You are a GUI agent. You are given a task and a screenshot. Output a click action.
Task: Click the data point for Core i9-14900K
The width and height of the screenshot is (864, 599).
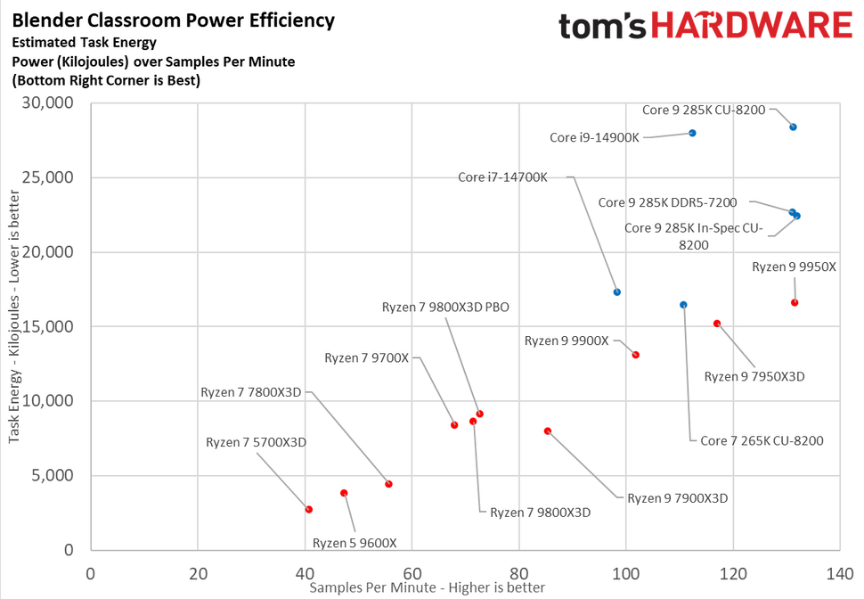[x=692, y=133]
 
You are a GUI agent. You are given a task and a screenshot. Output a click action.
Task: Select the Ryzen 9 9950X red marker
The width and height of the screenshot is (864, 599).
[x=795, y=302]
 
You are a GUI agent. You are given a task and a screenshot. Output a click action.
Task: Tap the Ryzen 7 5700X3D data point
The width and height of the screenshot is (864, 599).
[x=309, y=509]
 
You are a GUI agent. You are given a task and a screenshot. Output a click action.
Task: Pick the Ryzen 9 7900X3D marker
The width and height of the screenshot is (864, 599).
[x=548, y=431]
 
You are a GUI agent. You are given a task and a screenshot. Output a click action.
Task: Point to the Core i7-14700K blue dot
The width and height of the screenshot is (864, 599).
[x=617, y=291]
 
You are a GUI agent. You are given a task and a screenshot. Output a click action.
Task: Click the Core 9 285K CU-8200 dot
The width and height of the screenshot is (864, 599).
[x=793, y=127]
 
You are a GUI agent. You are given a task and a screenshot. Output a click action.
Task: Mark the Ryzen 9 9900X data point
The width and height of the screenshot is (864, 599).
[x=635, y=355]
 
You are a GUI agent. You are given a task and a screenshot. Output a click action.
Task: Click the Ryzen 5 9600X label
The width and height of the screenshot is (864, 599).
[x=355, y=543]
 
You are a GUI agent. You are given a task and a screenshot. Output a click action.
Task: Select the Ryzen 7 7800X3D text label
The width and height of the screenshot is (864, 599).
[x=251, y=391]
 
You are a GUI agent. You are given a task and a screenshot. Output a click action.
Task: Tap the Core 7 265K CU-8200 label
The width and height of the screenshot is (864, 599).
[x=762, y=440]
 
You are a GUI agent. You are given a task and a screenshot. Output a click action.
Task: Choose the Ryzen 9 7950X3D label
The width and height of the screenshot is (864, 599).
[x=754, y=376]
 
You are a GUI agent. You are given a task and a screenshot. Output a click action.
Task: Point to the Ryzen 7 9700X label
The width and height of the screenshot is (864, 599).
[x=366, y=357]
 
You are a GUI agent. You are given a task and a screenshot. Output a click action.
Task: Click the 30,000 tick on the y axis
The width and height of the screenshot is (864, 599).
[x=48, y=103]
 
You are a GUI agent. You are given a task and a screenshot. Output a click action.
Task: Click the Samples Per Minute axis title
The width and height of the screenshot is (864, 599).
[x=427, y=587]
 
